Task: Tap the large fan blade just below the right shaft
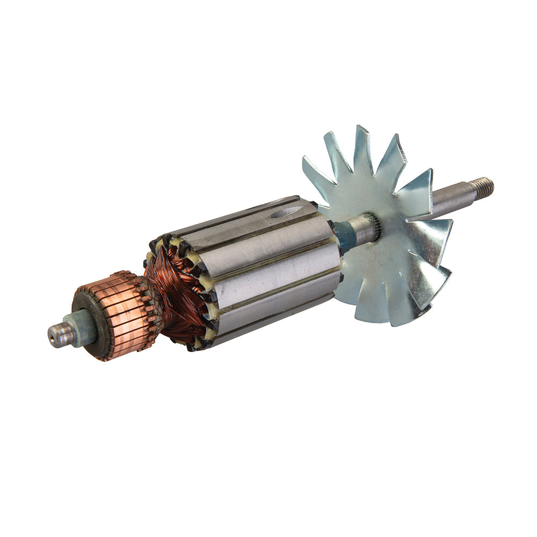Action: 430,236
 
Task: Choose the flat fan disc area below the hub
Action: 376,268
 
